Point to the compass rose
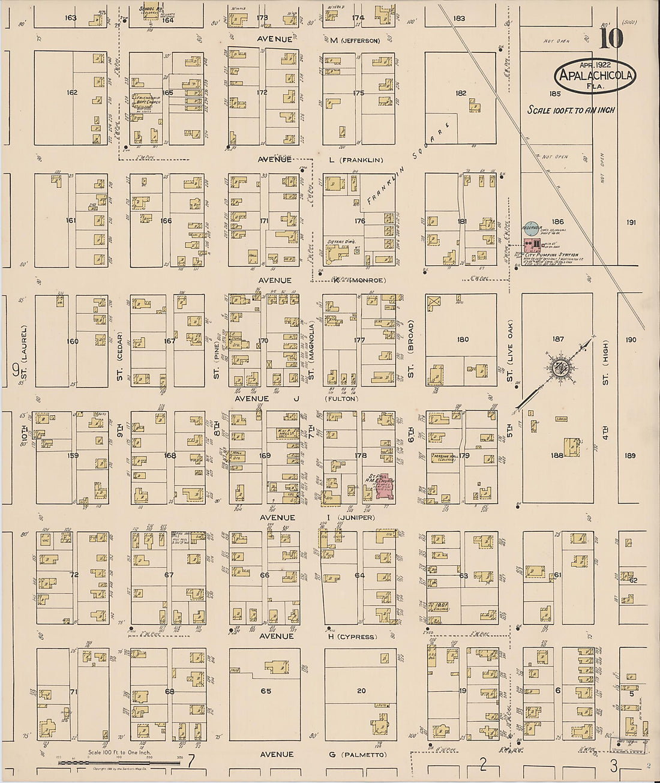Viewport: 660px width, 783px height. point(561,368)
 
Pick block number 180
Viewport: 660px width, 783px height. point(463,340)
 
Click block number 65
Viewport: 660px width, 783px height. point(265,691)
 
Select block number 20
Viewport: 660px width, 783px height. point(361,691)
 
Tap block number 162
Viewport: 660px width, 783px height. point(72,92)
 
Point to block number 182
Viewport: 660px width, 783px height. point(461,93)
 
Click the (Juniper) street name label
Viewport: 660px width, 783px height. point(358,518)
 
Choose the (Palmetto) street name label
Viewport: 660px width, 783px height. point(364,755)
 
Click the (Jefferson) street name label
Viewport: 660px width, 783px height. point(360,41)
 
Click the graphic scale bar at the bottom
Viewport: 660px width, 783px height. point(120,762)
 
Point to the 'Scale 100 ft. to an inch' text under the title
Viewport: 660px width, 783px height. point(571,110)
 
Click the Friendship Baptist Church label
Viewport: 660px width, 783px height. point(147,100)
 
